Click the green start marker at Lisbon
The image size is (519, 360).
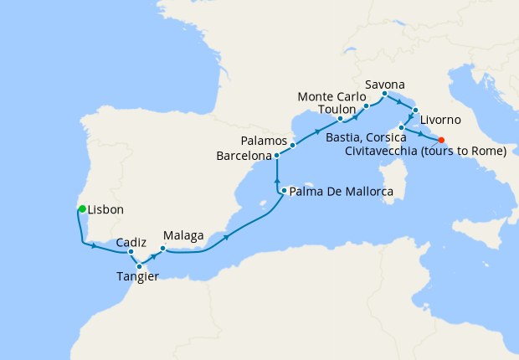pos(82,209)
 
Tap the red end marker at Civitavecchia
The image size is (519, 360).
pos(441,141)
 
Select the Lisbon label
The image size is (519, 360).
pos(106,210)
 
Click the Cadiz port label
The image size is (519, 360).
pos(132,241)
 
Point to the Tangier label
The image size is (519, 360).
pos(136,277)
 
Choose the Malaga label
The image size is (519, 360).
pos(184,236)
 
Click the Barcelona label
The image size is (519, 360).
pos(244,156)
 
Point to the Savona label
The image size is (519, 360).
pos(385,85)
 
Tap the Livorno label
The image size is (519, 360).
pos(439,119)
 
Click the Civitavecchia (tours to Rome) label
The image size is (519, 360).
pos(426,152)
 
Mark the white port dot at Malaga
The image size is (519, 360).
pos(162,248)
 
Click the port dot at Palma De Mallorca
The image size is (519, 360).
pos(284,191)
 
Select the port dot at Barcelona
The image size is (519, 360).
pos(277,156)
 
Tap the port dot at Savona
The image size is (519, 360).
pos(384,94)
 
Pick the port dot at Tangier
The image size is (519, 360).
pos(139,266)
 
